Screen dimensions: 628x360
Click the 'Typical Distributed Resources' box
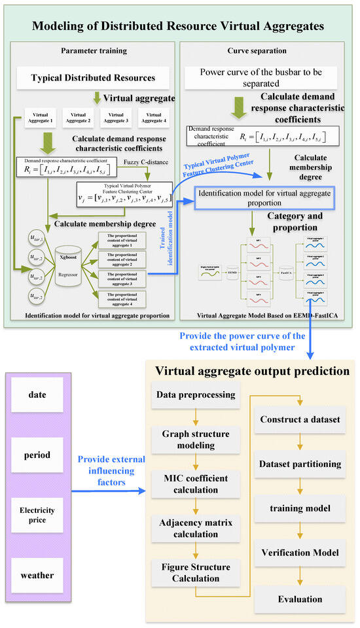94,78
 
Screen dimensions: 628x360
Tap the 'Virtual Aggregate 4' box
153,117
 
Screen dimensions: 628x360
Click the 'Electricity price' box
37,515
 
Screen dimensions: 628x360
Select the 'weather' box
37,575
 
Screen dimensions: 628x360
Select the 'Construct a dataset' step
300,419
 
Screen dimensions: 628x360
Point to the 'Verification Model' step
300,553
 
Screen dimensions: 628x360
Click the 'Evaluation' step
300,598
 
